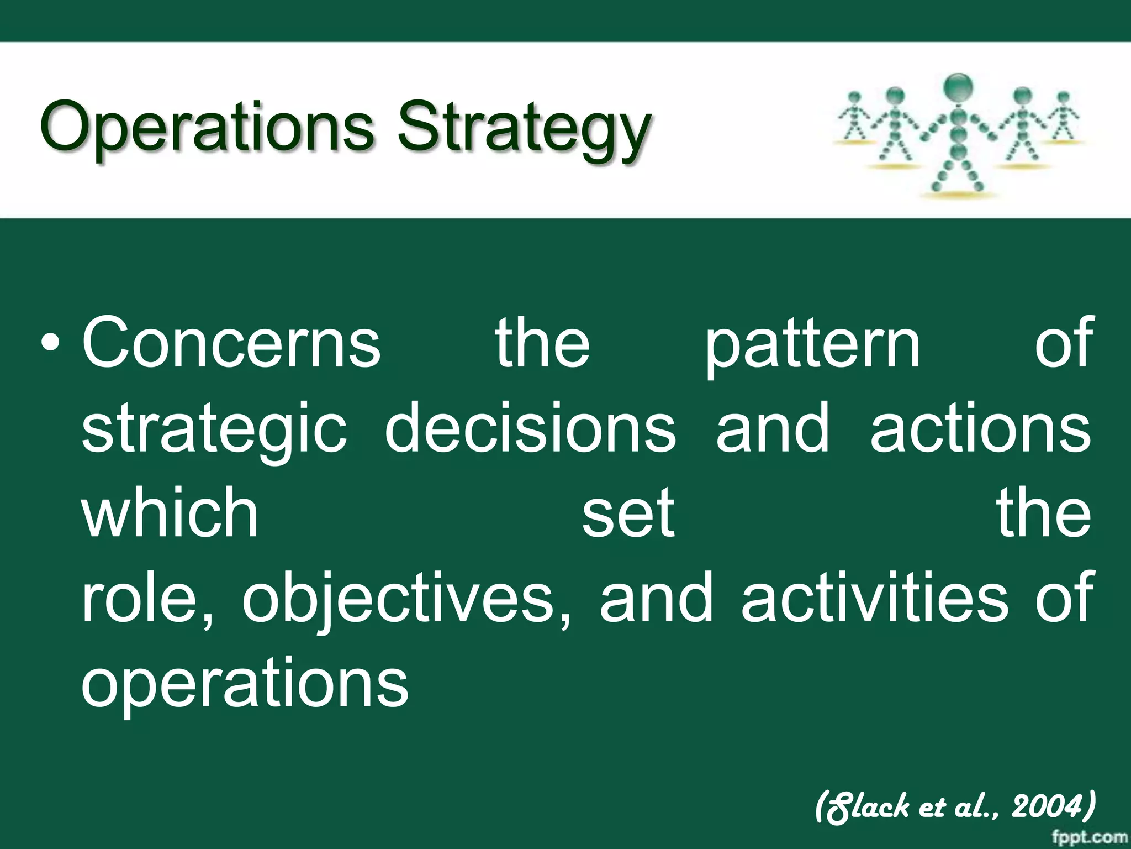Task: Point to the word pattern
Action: click(x=813, y=345)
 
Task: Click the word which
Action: click(x=170, y=512)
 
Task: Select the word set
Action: click(x=628, y=513)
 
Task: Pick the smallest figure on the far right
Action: click(x=1064, y=116)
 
